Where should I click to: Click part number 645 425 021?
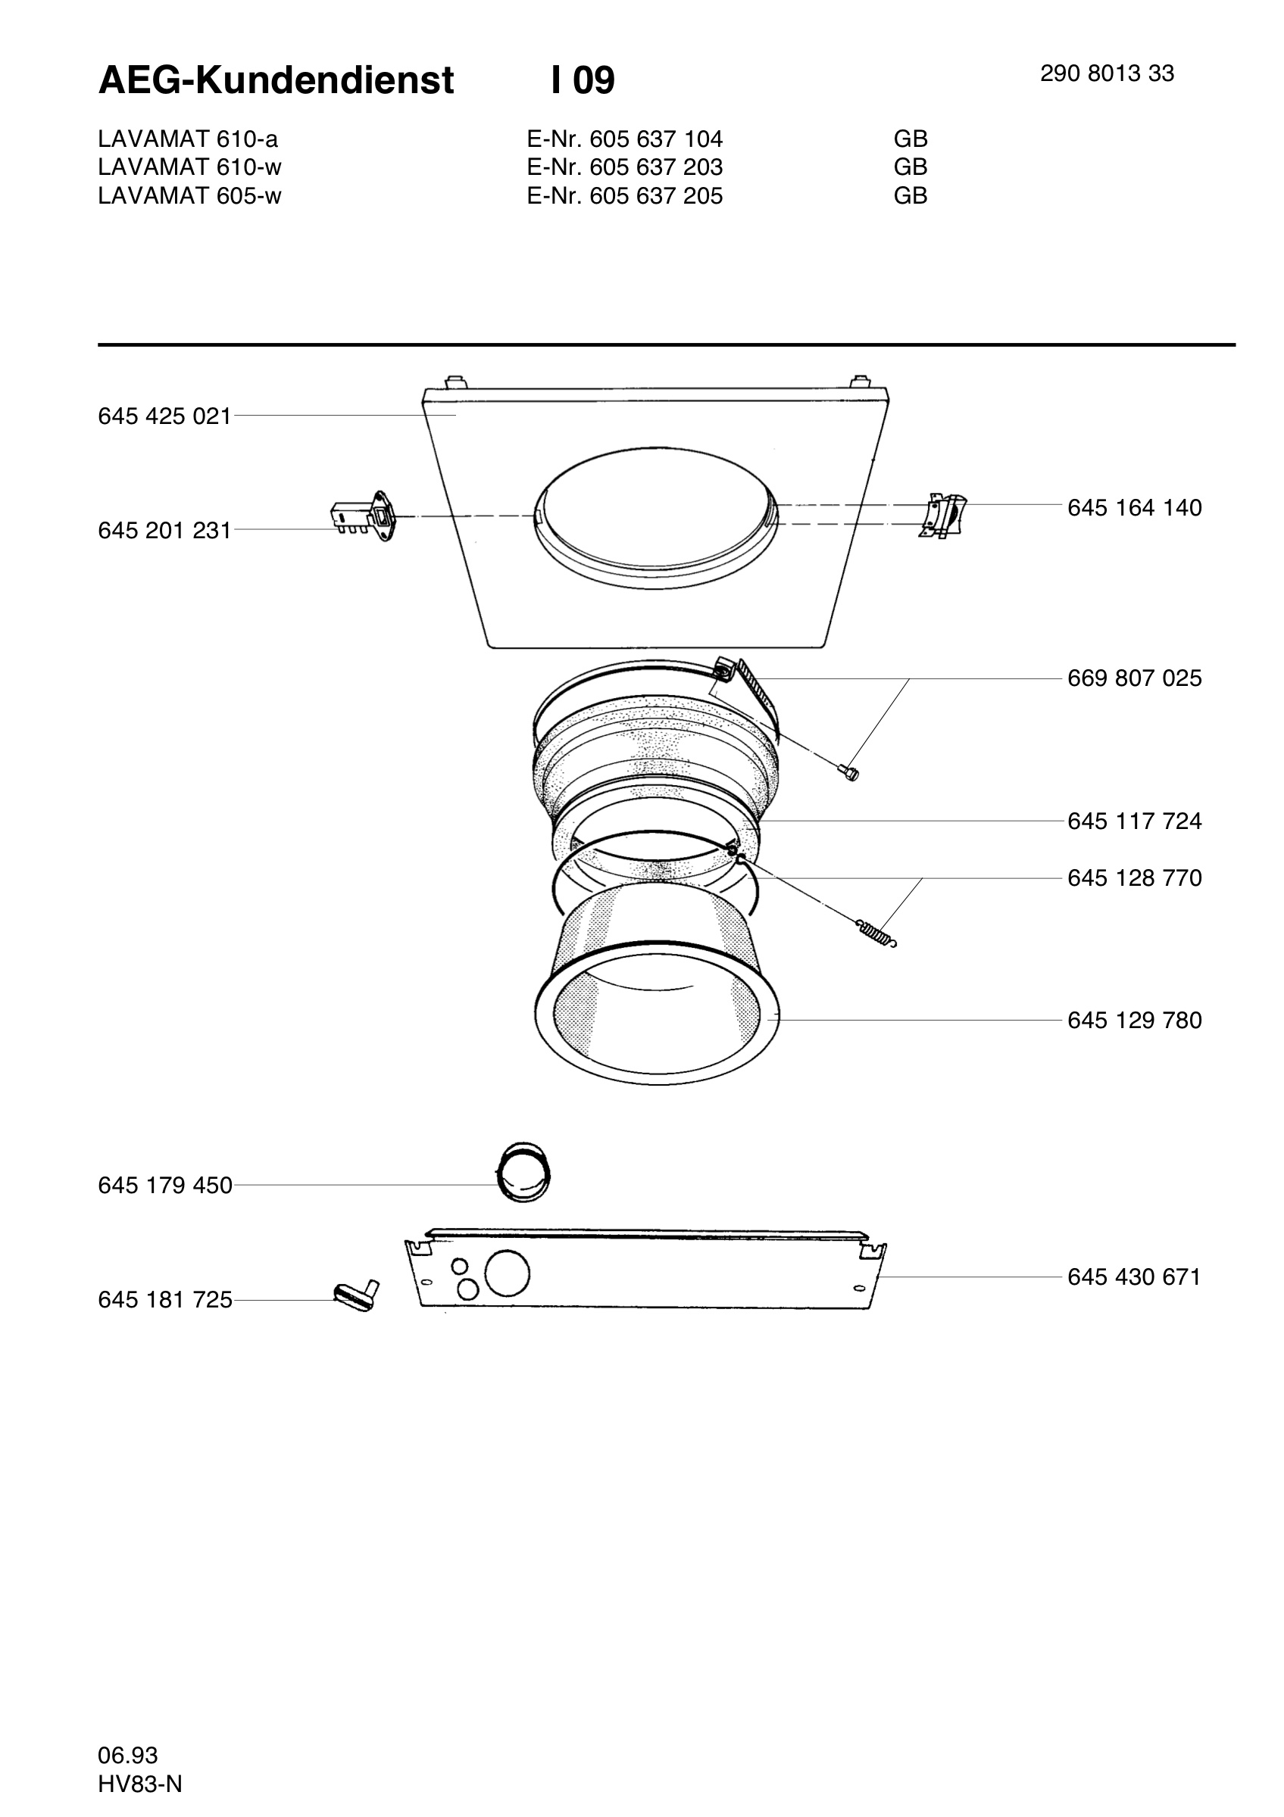click(164, 416)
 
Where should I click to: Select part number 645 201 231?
click(164, 530)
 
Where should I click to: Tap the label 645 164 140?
click(1134, 508)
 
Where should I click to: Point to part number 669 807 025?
click(1134, 678)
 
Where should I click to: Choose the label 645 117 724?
click(1134, 821)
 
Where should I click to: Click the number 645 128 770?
click(1134, 878)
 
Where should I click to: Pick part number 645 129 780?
click(1134, 1021)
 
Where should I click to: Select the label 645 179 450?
click(164, 1186)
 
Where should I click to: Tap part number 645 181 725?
click(164, 1300)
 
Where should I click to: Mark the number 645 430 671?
click(1134, 1277)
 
